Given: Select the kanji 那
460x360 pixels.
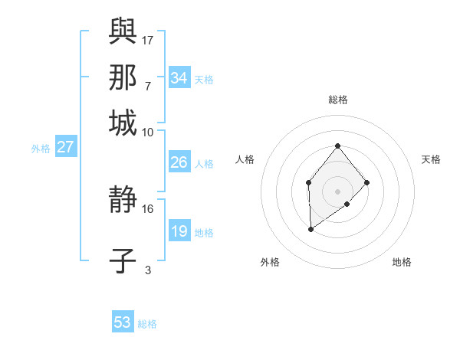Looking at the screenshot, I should (123, 77).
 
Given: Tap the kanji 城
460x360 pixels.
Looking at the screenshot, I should (123, 123).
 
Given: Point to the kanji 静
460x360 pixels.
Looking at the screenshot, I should (123, 200).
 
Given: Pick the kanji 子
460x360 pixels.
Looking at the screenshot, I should (123, 261).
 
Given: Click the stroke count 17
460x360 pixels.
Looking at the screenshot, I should (149, 40).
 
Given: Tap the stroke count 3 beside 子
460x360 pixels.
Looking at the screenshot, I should (148, 270).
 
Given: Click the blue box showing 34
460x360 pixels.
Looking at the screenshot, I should (179, 78).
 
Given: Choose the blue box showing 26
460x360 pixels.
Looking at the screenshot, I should (179, 162).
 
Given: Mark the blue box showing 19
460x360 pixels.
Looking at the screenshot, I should (179, 231).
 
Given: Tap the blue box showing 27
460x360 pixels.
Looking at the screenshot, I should (65, 147).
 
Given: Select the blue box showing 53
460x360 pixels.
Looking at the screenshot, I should (123, 322).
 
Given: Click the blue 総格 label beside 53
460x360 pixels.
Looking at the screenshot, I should (147, 324).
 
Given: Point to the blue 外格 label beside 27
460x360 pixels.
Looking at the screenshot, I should (40, 149).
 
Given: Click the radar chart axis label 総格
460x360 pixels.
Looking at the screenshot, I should (337, 100).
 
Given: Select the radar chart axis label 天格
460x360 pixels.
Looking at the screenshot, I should (431, 159).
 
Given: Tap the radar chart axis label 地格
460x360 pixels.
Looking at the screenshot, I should (402, 263).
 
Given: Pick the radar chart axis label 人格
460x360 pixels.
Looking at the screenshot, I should (245, 159).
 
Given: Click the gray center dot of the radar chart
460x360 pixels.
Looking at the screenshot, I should (337, 191).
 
